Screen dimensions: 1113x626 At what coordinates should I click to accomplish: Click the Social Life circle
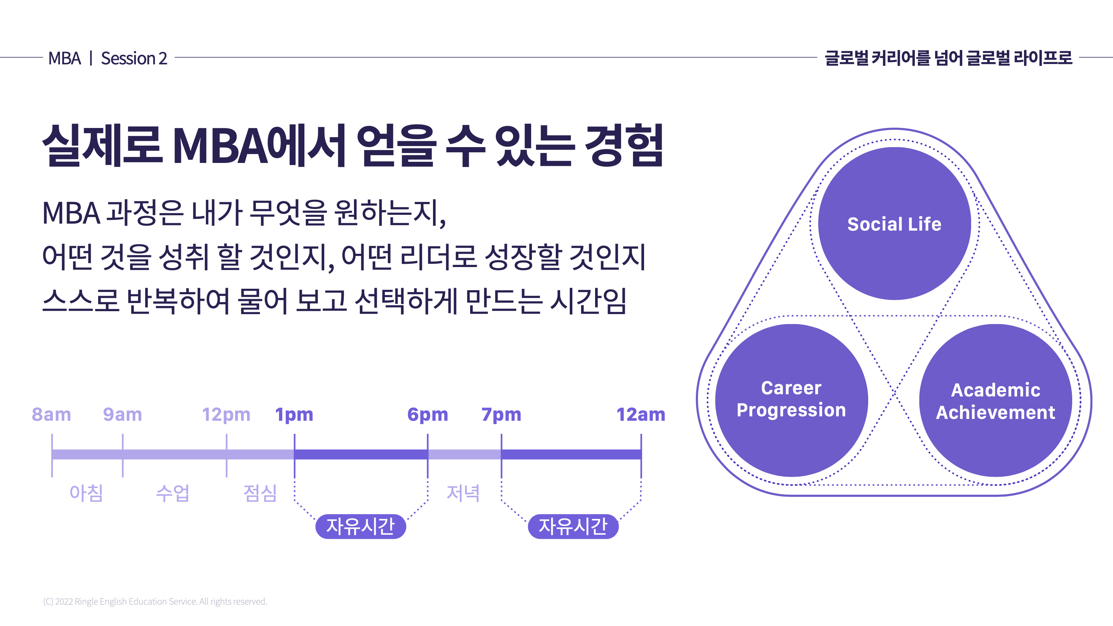pos(894,224)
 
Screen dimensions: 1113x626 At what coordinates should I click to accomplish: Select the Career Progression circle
pos(791,400)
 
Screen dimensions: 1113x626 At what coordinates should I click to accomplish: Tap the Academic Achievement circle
pos(995,400)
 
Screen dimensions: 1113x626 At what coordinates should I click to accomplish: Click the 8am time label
pos(51,415)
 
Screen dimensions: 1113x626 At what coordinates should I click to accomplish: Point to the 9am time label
pos(122,415)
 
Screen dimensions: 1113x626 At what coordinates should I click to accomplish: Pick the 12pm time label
pos(226,415)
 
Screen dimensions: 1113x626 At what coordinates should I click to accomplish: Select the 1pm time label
pos(294,415)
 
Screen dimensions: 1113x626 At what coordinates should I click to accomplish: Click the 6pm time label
pos(428,415)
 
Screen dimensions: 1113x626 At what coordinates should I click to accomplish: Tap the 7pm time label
pos(501,415)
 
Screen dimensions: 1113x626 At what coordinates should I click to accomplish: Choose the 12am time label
pos(641,415)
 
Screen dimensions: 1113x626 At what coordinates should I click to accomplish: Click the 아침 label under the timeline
pos(86,493)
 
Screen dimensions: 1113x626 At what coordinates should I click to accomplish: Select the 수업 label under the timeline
pos(173,493)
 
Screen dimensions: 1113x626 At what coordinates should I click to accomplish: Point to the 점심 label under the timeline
pos(260,493)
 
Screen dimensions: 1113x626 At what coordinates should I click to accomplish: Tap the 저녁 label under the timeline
pos(463,493)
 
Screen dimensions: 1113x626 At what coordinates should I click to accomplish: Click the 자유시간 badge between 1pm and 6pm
pos(361,526)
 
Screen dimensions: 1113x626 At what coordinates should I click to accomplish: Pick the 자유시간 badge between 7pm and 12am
pos(573,526)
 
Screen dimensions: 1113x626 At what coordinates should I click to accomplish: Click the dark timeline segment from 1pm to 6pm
pos(361,454)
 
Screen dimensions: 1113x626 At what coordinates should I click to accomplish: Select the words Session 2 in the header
pos(134,58)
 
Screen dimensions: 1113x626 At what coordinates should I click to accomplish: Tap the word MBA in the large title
pos(220,146)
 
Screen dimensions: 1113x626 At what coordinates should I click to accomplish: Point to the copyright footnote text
pos(155,601)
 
